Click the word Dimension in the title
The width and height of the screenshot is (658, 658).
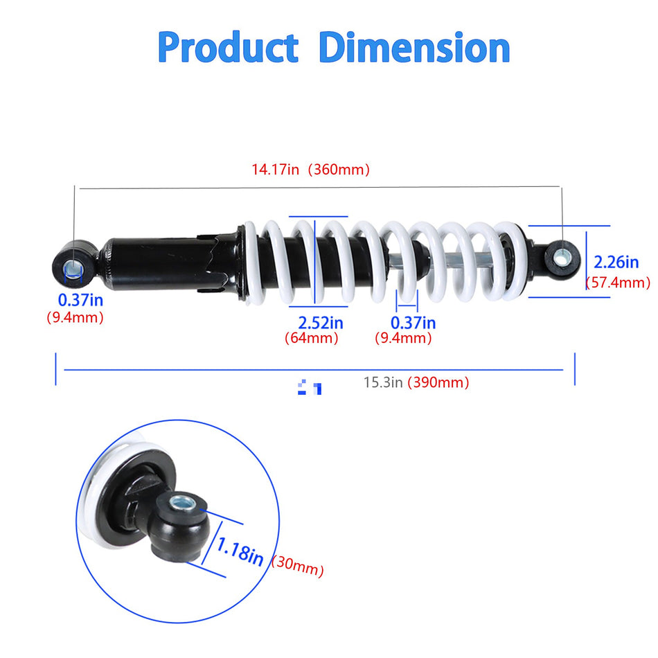tap(414, 48)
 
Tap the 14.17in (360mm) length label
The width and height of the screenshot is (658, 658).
tap(310, 170)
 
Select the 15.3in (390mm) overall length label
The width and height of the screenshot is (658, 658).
tap(416, 382)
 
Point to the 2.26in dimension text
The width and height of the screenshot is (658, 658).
tap(616, 262)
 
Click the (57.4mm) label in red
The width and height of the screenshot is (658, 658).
tap(618, 283)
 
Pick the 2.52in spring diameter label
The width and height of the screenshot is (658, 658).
tap(321, 323)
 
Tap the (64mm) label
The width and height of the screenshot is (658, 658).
tap(312, 339)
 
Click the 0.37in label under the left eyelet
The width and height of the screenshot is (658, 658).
tap(80, 300)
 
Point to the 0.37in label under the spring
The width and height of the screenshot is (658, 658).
tap(413, 323)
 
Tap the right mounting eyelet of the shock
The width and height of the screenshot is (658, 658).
tap(561, 258)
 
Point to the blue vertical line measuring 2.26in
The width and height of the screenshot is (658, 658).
tap(587, 261)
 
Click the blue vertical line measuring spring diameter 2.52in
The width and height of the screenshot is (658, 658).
tap(315, 262)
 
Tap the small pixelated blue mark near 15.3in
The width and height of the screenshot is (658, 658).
tap(309, 388)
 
